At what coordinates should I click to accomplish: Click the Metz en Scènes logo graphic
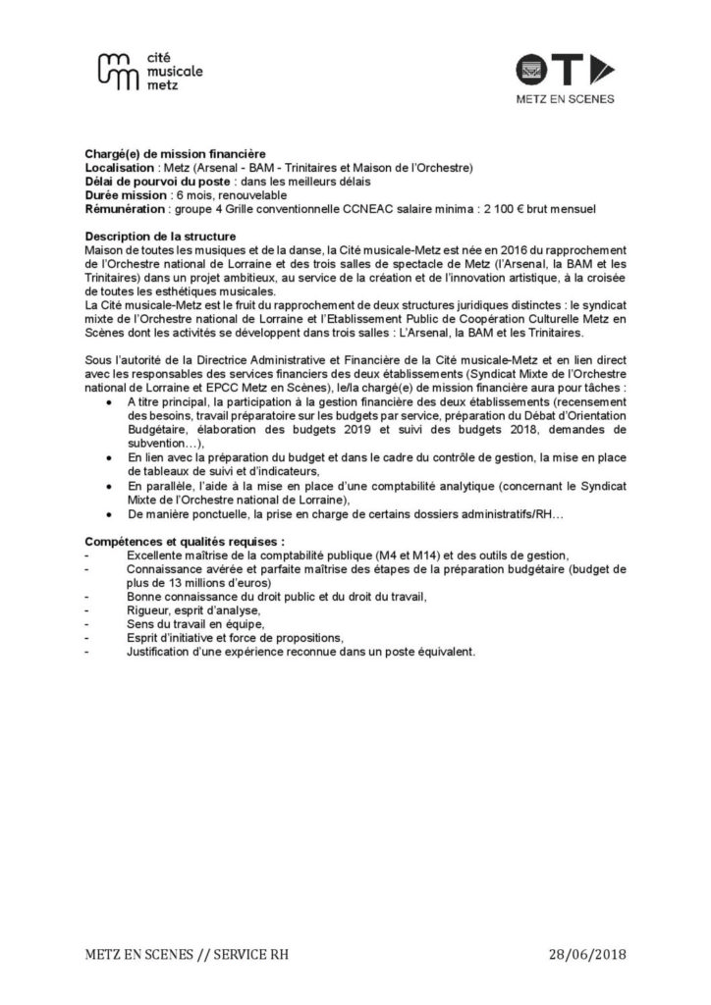[x=565, y=71]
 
